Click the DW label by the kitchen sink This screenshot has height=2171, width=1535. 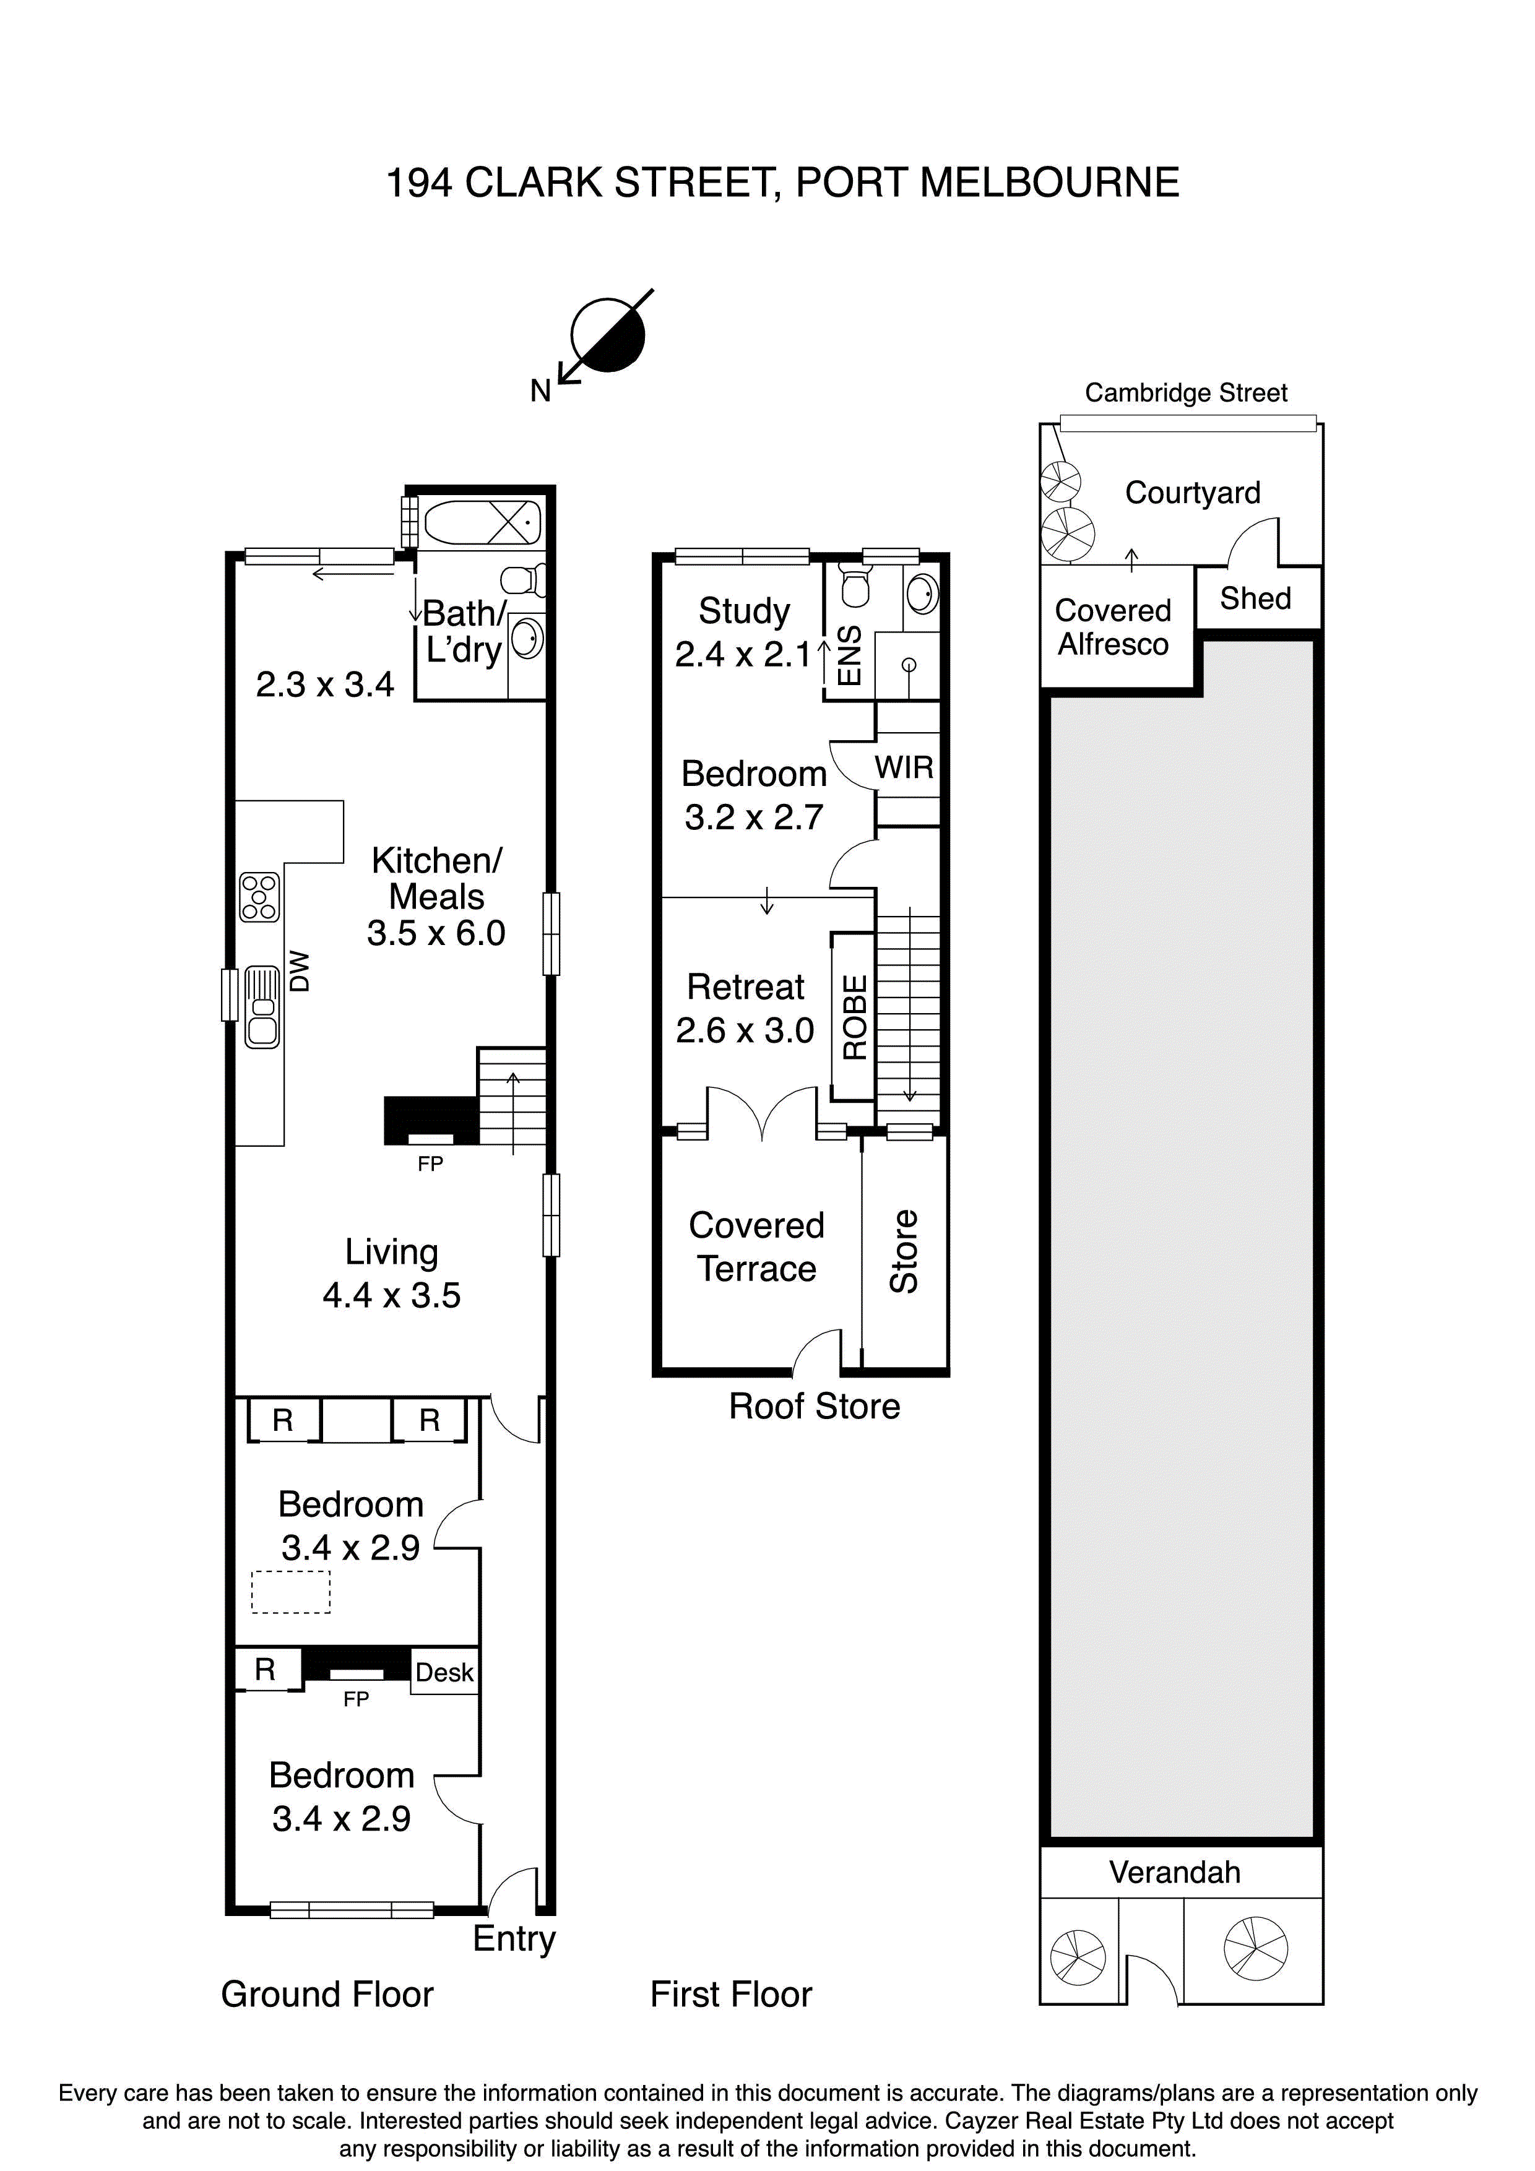tap(300, 971)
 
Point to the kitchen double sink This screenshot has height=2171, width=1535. tap(262, 1006)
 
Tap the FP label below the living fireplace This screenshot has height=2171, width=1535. tap(430, 1164)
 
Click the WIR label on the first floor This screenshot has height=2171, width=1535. tap(904, 768)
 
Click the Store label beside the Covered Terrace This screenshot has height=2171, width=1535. tap(904, 1251)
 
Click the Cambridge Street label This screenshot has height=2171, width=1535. tap(1185, 392)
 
